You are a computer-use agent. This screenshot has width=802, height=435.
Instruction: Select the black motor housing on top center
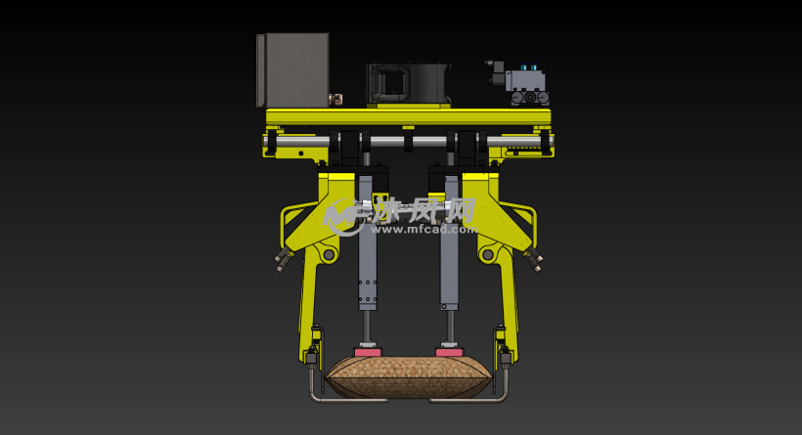pos(407,83)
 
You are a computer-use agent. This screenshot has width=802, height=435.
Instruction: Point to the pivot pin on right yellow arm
pos(488,255)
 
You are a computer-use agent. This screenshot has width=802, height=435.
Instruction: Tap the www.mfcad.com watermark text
pos(424,230)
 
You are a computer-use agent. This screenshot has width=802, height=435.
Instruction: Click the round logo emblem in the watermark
pos(343,216)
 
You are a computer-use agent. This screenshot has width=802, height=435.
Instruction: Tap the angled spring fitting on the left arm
pos(283,259)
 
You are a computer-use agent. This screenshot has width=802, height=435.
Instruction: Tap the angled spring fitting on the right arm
pos(533,260)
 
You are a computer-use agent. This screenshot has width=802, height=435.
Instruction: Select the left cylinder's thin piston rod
pos(368,324)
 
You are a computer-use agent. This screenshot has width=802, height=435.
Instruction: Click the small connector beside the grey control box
pos(336,98)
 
